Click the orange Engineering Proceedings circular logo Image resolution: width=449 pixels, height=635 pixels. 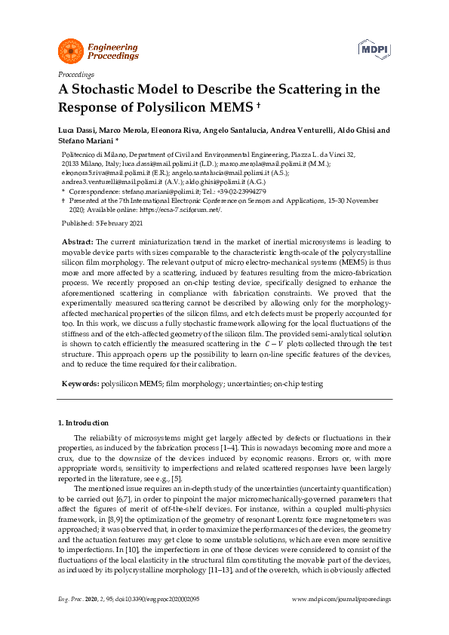coord(70,51)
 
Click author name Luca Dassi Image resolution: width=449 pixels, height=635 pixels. coord(78,130)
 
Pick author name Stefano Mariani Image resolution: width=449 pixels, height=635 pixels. coord(85,140)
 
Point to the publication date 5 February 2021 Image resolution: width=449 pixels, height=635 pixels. coord(112,224)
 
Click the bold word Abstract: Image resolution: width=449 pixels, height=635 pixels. coord(77,241)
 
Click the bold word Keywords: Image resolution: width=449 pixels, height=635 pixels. coord(79,384)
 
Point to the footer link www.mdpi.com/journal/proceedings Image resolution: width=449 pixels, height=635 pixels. coord(341,620)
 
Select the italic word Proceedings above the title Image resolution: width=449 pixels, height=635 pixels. coord(75,74)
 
